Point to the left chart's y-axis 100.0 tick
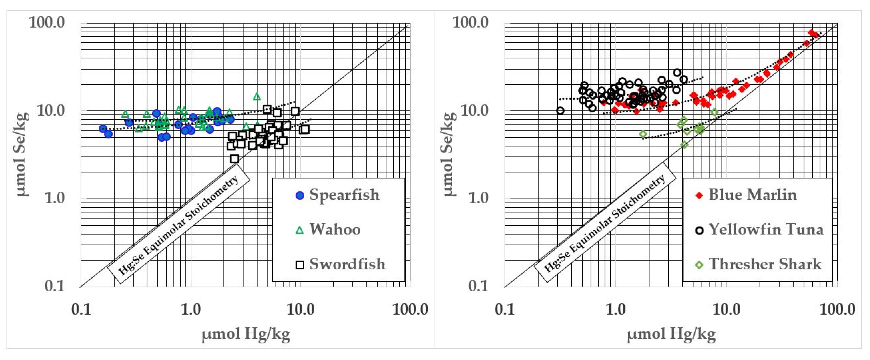[x=47, y=23]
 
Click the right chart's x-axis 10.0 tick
[x=726, y=309]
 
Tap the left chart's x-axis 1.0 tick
[x=191, y=309]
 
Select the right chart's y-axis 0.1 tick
[x=478, y=286]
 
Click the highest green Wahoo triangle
[x=257, y=96]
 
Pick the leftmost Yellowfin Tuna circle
[x=560, y=111]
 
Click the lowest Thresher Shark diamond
[x=684, y=145]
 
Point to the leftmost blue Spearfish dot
[x=103, y=129]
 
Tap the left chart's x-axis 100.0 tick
[x=410, y=309]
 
